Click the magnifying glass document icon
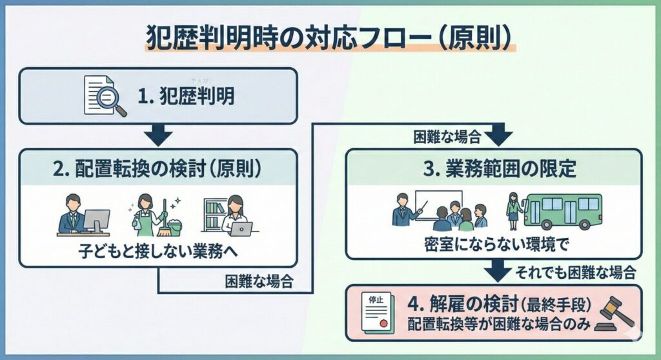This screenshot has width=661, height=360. point(105,97)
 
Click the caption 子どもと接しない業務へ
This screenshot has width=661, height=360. point(158,250)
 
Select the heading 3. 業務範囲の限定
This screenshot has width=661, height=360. point(494,170)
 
